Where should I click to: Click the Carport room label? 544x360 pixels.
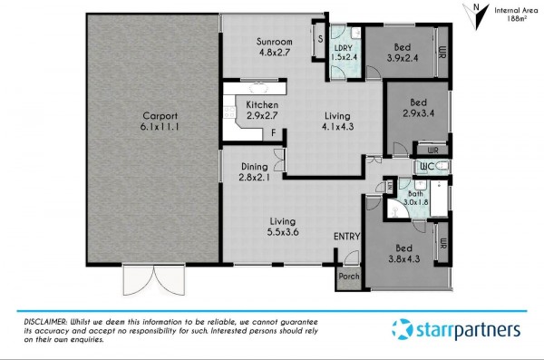point(160,122)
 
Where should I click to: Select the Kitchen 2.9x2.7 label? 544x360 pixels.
point(262,110)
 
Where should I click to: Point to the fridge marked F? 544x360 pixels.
point(274,133)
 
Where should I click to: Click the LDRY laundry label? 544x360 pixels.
point(344,48)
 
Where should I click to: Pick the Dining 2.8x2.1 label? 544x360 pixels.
point(254,172)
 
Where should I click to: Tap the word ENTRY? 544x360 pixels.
point(346,237)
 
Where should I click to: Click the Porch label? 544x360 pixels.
point(349,277)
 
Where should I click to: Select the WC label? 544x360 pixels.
point(427,167)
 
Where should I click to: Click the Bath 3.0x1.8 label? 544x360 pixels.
point(415,198)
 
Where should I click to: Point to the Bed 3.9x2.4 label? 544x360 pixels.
point(403,53)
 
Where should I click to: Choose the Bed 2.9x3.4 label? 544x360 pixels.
point(418,108)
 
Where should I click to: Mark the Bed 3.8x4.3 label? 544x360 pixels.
point(403,253)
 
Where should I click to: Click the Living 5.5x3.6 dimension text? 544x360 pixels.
point(283,232)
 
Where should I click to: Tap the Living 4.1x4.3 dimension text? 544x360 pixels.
point(337,127)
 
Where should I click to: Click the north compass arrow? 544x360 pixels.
point(476,17)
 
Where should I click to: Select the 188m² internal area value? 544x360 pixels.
point(517,19)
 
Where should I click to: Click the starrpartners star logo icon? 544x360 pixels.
point(403,329)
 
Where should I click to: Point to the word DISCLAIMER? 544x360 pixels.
point(45,322)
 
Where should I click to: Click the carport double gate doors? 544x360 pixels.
point(153,280)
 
